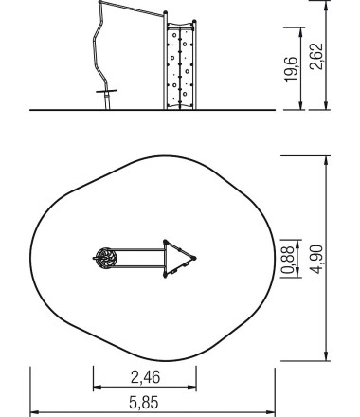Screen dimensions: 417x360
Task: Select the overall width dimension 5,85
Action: [144, 404]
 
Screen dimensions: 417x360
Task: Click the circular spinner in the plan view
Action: [105, 257]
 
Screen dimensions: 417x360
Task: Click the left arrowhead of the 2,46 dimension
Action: [95, 387]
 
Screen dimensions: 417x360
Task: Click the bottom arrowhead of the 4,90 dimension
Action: [327, 357]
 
